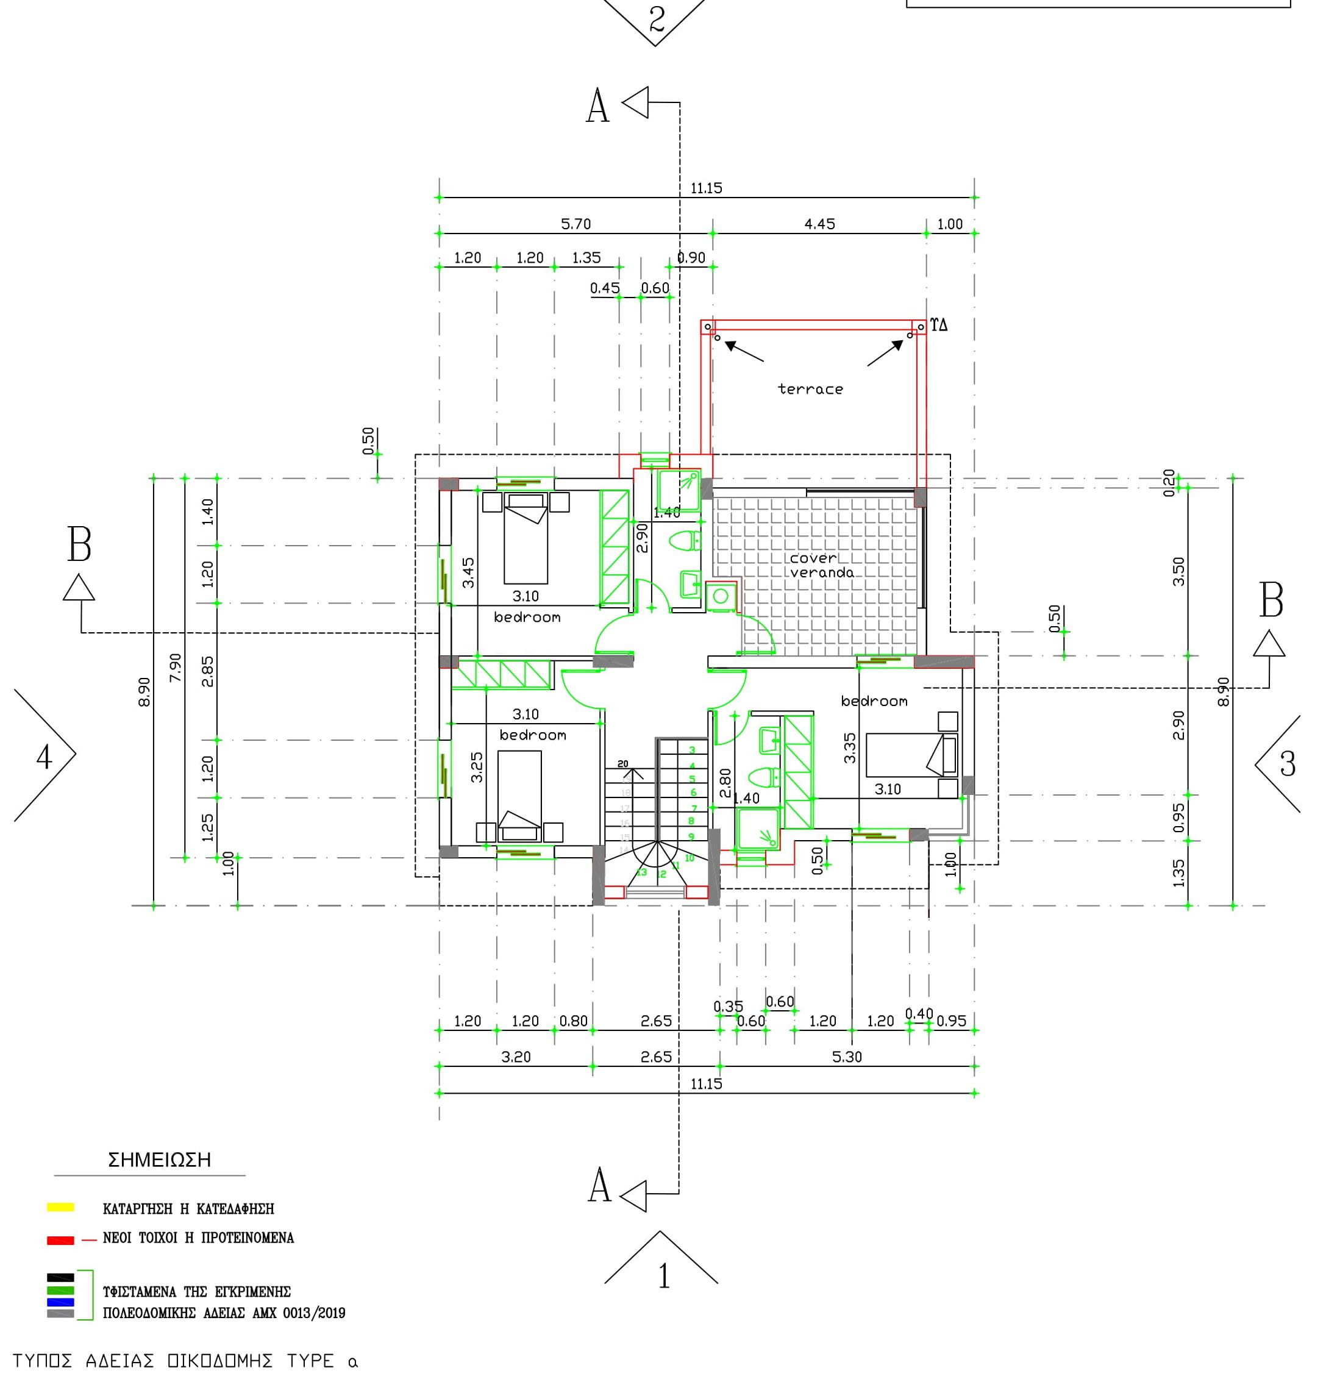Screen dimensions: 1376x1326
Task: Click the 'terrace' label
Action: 810,389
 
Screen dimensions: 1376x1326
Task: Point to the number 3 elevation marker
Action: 1287,764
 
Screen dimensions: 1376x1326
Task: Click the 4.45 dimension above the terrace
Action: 819,224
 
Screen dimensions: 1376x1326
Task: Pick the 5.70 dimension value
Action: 576,224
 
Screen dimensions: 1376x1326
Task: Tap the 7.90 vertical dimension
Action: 176,667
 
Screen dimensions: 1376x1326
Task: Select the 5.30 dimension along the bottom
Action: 847,1057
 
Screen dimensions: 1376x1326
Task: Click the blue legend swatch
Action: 60,1302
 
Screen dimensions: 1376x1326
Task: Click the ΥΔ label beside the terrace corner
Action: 939,324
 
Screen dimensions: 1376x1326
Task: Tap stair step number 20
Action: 622,764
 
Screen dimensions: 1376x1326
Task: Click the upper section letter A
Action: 597,107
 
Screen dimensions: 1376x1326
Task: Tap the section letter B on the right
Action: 1271,601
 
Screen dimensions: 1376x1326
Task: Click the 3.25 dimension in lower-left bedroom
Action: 477,768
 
